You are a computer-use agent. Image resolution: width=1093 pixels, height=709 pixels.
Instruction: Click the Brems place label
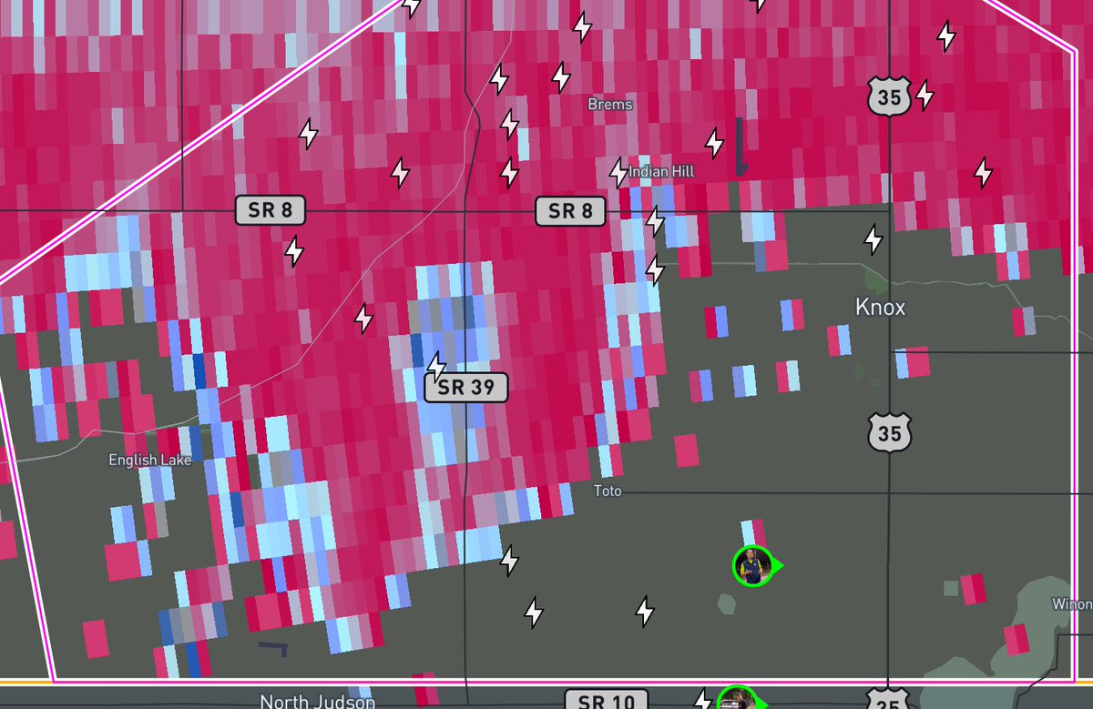click(x=609, y=105)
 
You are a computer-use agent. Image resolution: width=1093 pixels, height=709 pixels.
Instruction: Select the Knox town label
click(x=881, y=308)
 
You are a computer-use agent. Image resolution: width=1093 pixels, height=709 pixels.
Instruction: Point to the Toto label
click(x=608, y=491)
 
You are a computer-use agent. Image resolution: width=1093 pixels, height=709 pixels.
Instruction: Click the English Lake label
click(x=150, y=460)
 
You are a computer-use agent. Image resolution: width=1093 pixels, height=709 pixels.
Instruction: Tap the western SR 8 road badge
click(x=271, y=211)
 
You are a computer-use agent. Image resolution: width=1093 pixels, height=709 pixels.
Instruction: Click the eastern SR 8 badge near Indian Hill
click(x=569, y=211)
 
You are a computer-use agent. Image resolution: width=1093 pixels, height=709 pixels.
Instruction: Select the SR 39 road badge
click(x=465, y=388)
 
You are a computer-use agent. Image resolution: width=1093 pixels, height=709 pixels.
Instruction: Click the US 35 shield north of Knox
click(x=889, y=96)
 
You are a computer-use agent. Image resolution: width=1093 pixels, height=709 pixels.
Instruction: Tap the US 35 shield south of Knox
click(x=889, y=431)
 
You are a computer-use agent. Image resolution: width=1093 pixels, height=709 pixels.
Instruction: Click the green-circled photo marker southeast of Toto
click(x=752, y=566)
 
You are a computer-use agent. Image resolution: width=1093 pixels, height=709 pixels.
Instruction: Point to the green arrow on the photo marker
click(x=779, y=566)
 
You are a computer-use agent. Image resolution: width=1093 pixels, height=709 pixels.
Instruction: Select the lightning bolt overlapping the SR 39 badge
click(x=437, y=366)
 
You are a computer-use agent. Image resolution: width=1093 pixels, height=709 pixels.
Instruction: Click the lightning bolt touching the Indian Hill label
click(x=619, y=171)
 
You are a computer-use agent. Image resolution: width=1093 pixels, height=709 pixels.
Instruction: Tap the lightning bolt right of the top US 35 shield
click(x=924, y=94)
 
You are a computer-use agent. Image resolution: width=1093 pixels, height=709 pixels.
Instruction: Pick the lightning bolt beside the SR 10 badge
click(x=702, y=700)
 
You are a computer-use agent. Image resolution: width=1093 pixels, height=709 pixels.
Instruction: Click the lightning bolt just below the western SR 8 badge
click(x=294, y=250)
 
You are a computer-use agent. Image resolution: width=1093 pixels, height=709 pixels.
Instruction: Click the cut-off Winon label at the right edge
click(x=1072, y=603)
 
